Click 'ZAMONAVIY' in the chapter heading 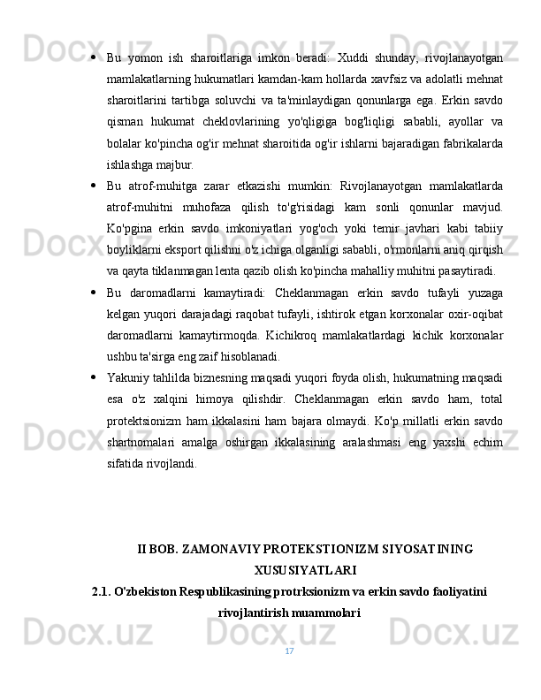(x=225, y=549)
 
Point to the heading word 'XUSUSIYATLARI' (x=305, y=570)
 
